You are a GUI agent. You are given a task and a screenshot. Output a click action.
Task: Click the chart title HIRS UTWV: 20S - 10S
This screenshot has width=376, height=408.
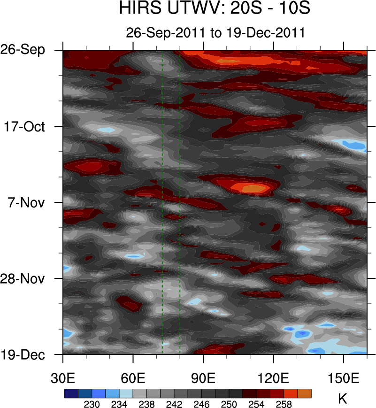(x=215, y=9)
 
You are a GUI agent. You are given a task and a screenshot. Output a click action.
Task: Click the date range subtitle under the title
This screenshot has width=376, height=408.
(x=216, y=33)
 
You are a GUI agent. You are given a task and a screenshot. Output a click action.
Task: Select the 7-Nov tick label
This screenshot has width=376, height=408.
(x=27, y=202)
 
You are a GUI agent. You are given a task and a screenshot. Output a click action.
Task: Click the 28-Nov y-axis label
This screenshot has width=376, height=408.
(x=23, y=278)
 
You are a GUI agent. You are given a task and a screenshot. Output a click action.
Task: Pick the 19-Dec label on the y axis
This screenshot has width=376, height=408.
(x=23, y=354)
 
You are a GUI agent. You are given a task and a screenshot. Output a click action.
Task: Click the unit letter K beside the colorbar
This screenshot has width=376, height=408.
(x=343, y=399)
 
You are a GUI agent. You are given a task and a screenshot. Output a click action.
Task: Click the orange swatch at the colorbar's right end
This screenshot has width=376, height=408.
(x=304, y=393)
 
